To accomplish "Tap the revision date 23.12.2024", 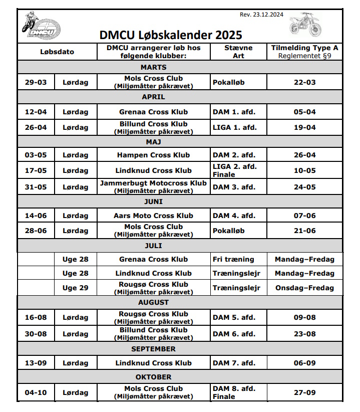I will pyautogui.click(x=262, y=15).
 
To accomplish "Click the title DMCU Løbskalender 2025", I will pyautogui.click(x=171, y=35).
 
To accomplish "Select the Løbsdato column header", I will pyautogui.click(x=57, y=52).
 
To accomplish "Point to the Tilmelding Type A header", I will pyautogui.click(x=304, y=48).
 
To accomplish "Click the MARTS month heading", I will pyautogui.click(x=153, y=67).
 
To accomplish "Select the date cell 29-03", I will pyautogui.click(x=36, y=82).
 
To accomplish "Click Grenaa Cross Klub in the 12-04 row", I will pyautogui.click(x=153, y=112).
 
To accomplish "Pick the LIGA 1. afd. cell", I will pyautogui.click(x=235, y=127).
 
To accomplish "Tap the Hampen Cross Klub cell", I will pyautogui.click(x=153, y=155).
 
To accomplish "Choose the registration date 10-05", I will pyautogui.click(x=304, y=170).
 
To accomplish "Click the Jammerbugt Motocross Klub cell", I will pyautogui.click(x=153, y=183).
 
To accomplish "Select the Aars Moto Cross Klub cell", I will pyautogui.click(x=153, y=216).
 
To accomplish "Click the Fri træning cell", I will pyautogui.click(x=233, y=259).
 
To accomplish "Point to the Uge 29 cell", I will pyautogui.click(x=75, y=288).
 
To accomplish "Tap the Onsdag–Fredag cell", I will pyautogui.click(x=304, y=288).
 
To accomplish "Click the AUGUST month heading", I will pyautogui.click(x=153, y=302).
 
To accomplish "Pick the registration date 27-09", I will pyautogui.click(x=304, y=392).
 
